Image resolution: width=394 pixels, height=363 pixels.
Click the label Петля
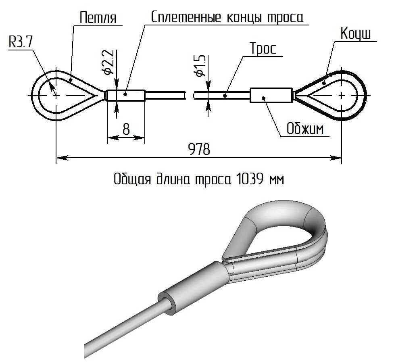[98, 18]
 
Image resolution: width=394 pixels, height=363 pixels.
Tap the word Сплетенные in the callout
[186, 17]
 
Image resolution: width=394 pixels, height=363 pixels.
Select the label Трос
[263, 49]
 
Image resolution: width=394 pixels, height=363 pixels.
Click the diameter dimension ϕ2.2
[108, 63]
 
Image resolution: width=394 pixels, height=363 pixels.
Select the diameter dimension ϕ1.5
[200, 66]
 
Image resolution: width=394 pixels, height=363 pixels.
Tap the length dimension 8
[126, 129]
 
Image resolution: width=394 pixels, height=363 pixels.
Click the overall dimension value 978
[199, 149]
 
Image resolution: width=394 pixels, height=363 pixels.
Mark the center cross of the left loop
[56, 95]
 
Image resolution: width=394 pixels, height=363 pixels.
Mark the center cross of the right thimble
[342, 96]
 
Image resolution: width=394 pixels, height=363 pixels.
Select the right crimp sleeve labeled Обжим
[271, 96]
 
